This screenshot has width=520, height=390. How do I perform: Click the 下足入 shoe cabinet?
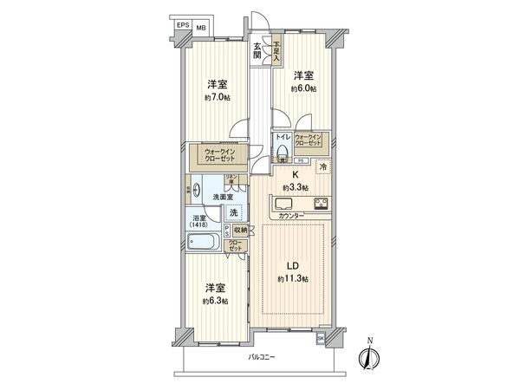276,49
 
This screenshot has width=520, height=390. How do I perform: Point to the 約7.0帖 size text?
217,98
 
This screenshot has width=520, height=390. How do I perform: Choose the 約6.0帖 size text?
303,88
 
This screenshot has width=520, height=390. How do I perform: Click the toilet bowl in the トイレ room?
283,151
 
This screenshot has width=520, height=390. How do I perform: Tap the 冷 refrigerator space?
322,166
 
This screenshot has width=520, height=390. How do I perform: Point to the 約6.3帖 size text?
217,300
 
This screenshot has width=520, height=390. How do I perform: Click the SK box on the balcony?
321,338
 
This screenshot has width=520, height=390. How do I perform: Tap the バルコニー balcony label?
263,357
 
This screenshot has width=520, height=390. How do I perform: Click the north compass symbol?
369,356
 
